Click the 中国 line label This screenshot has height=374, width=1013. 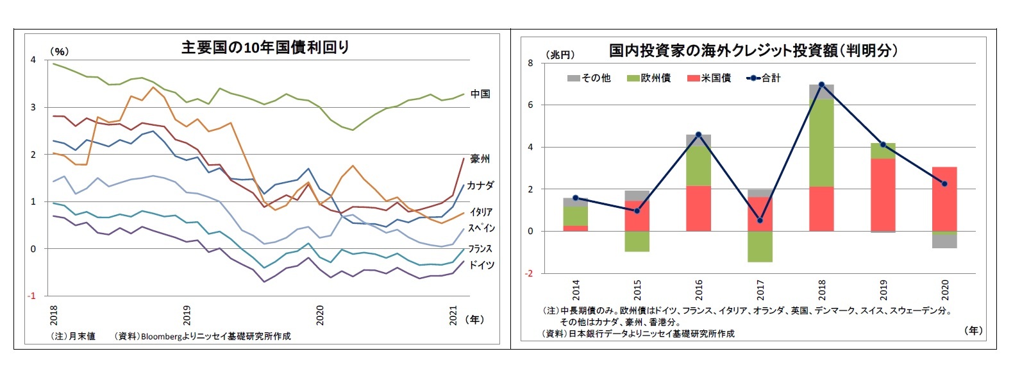(x=480, y=94)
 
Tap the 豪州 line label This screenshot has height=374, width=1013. (x=480, y=158)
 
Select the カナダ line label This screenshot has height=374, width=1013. (x=480, y=185)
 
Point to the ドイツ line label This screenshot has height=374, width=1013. (x=481, y=265)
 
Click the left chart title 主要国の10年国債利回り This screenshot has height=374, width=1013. (x=265, y=47)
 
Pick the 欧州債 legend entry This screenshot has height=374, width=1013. (x=648, y=78)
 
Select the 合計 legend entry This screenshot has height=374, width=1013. (x=764, y=78)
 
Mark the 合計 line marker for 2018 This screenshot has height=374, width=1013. (x=821, y=85)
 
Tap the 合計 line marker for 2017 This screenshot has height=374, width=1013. (x=760, y=220)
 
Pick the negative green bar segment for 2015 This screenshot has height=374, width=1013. (x=637, y=241)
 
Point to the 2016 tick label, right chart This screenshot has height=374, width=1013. (x=699, y=289)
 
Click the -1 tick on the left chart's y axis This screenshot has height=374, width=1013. (x=32, y=296)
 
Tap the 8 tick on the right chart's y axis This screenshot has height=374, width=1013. (x=530, y=63)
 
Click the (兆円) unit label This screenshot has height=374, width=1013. (x=560, y=55)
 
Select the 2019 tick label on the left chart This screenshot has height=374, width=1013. (x=187, y=315)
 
